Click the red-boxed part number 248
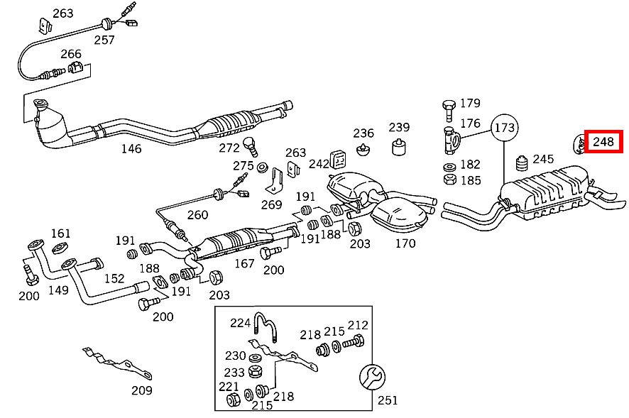(x=603, y=142)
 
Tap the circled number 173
(x=505, y=128)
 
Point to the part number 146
(x=131, y=148)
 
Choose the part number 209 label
(x=142, y=389)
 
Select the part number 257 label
(x=104, y=40)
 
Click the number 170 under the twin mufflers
(x=405, y=243)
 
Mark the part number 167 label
(x=244, y=263)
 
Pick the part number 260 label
(x=197, y=215)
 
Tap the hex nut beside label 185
(x=449, y=180)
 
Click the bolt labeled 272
(x=250, y=145)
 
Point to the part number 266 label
(x=71, y=53)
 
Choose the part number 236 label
(x=363, y=133)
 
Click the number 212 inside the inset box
(x=358, y=325)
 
